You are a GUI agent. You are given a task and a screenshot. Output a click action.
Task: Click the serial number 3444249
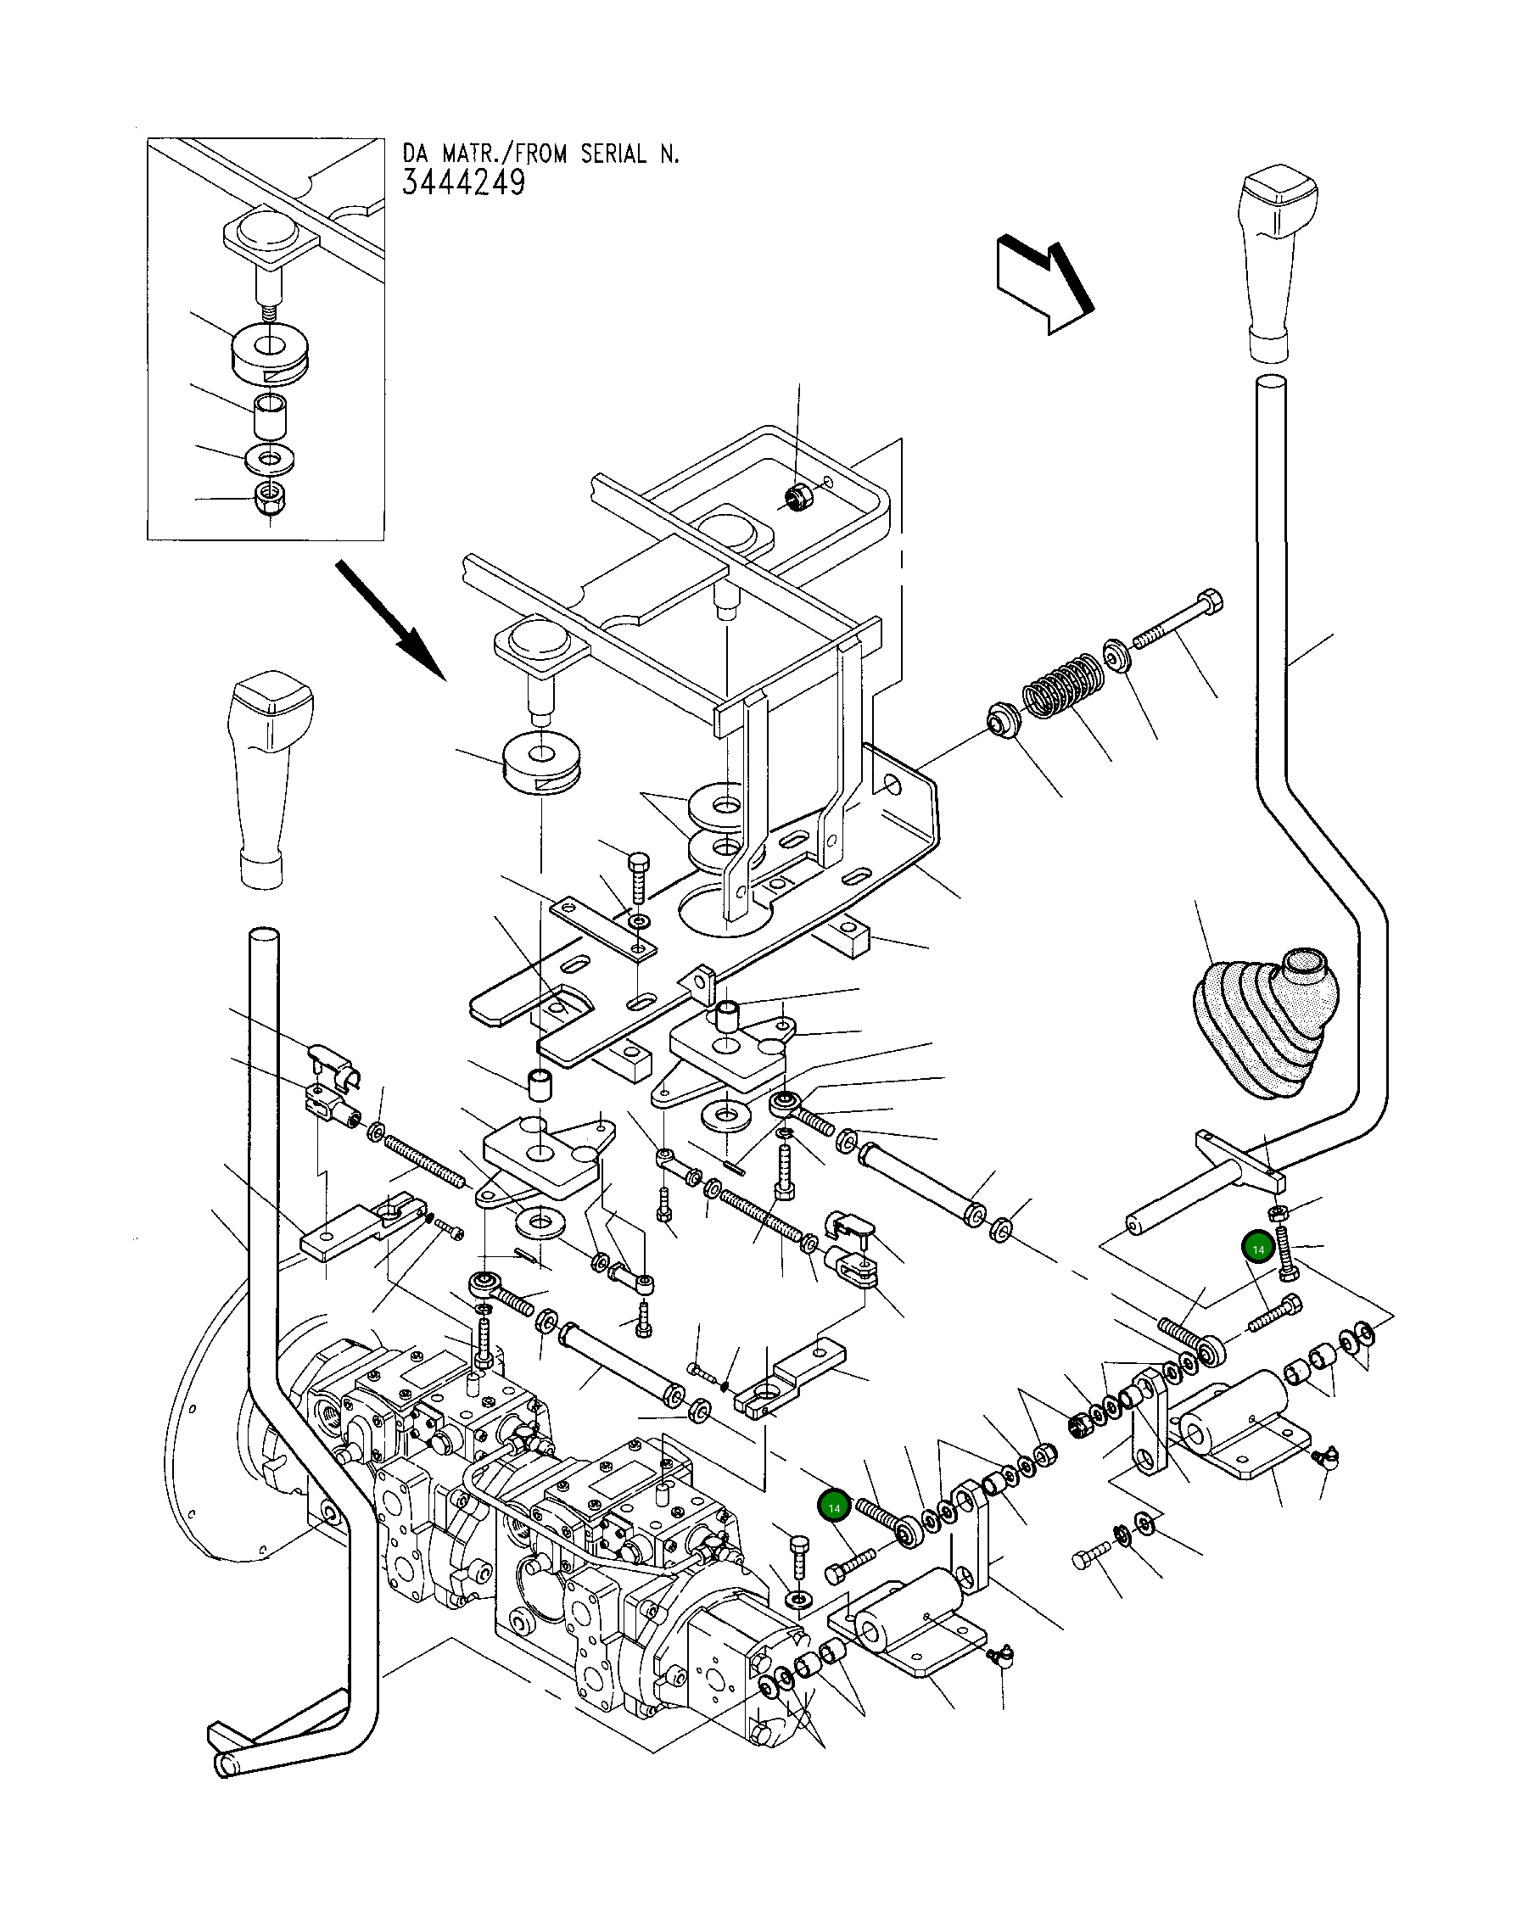463,183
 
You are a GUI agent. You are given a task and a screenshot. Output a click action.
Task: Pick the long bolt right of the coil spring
1176,622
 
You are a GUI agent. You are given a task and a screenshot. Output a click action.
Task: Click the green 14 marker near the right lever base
1257,1249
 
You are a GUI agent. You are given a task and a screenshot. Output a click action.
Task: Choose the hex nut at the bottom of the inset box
268,499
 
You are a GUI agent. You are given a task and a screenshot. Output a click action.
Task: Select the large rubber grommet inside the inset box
270,354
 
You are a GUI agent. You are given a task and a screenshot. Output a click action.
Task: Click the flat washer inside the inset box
270,460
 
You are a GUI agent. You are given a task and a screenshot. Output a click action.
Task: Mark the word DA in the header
414,154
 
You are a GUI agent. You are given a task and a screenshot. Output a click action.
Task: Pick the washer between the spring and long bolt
1116,657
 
